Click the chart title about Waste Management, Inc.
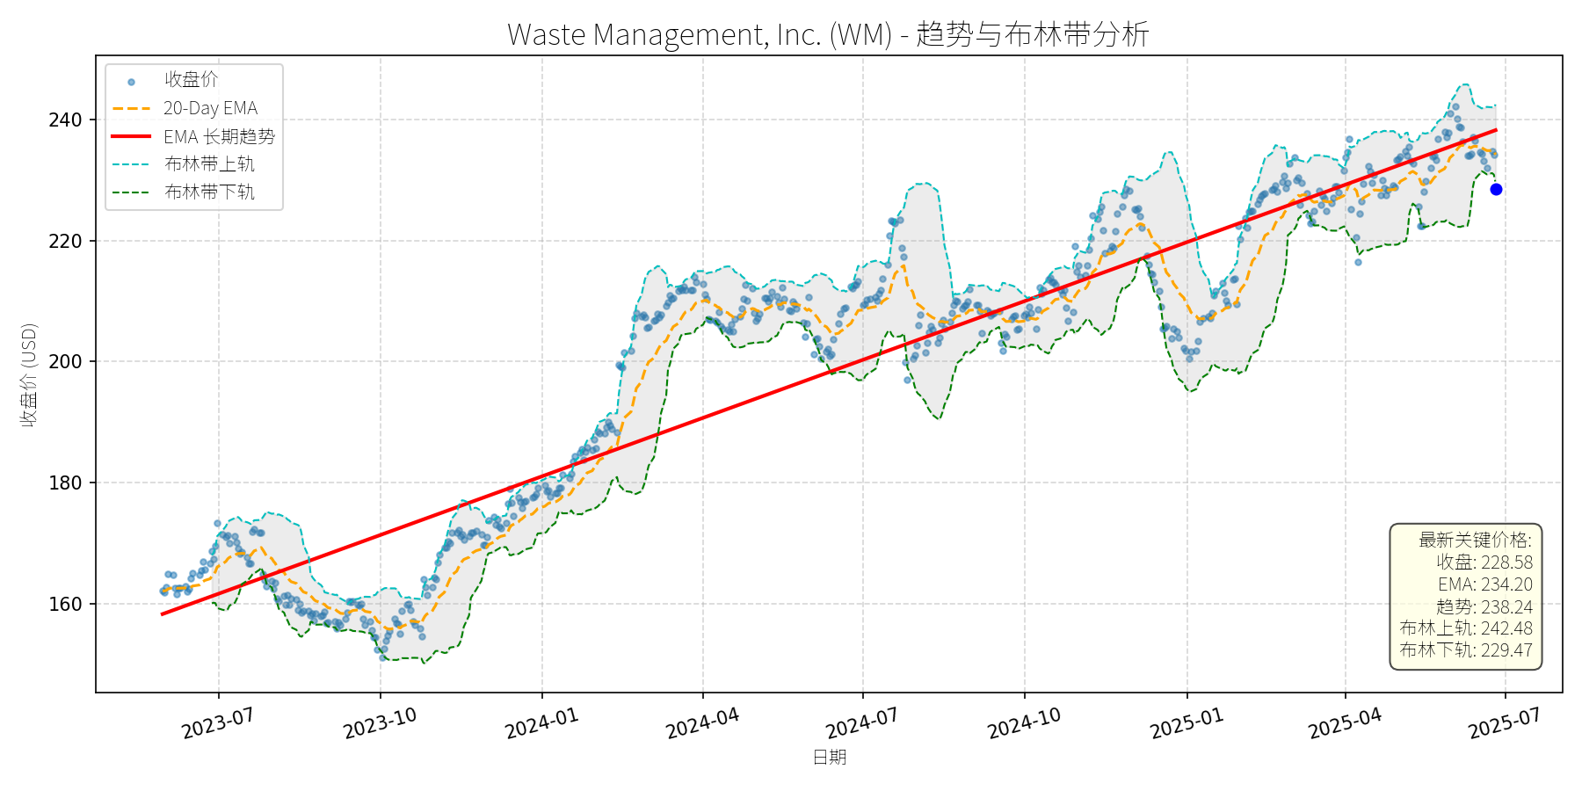pyautogui.click(x=828, y=34)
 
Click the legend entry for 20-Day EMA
pyautogui.click(x=210, y=108)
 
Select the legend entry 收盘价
pyautogui.click(x=191, y=80)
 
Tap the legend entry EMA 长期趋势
pyautogui.click(x=219, y=136)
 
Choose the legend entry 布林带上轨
pyautogui.click(x=209, y=164)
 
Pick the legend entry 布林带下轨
pyautogui.click(x=209, y=192)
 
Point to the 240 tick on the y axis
pyautogui.click(x=65, y=120)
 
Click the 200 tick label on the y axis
pyautogui.click(x=65, y=361)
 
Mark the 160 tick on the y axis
pyautogui.click(x=65, y=604)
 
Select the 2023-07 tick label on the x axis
pyautogui.click(x=217, y=723)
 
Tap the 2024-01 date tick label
pyautogui.click(x=541, y=723)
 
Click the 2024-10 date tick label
pyautogui.click(x=1024, y=723)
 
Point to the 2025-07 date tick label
pyautogui.click(x=1505, y=723)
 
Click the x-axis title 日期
pyautogui.click(x=829, y=757)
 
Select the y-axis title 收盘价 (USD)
pyautogui.click(x=29, y=374)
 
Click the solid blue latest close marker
pyautogui.click(x=1496, y=189)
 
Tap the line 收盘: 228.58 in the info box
pyautogui.click(x=1484, y=562)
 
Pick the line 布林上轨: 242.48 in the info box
pyautogui.click(x=1466, y=628)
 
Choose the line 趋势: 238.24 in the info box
pyautogui.click(x=1484, y=606)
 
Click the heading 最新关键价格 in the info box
pyautogui.click(x=1475, y=540)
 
